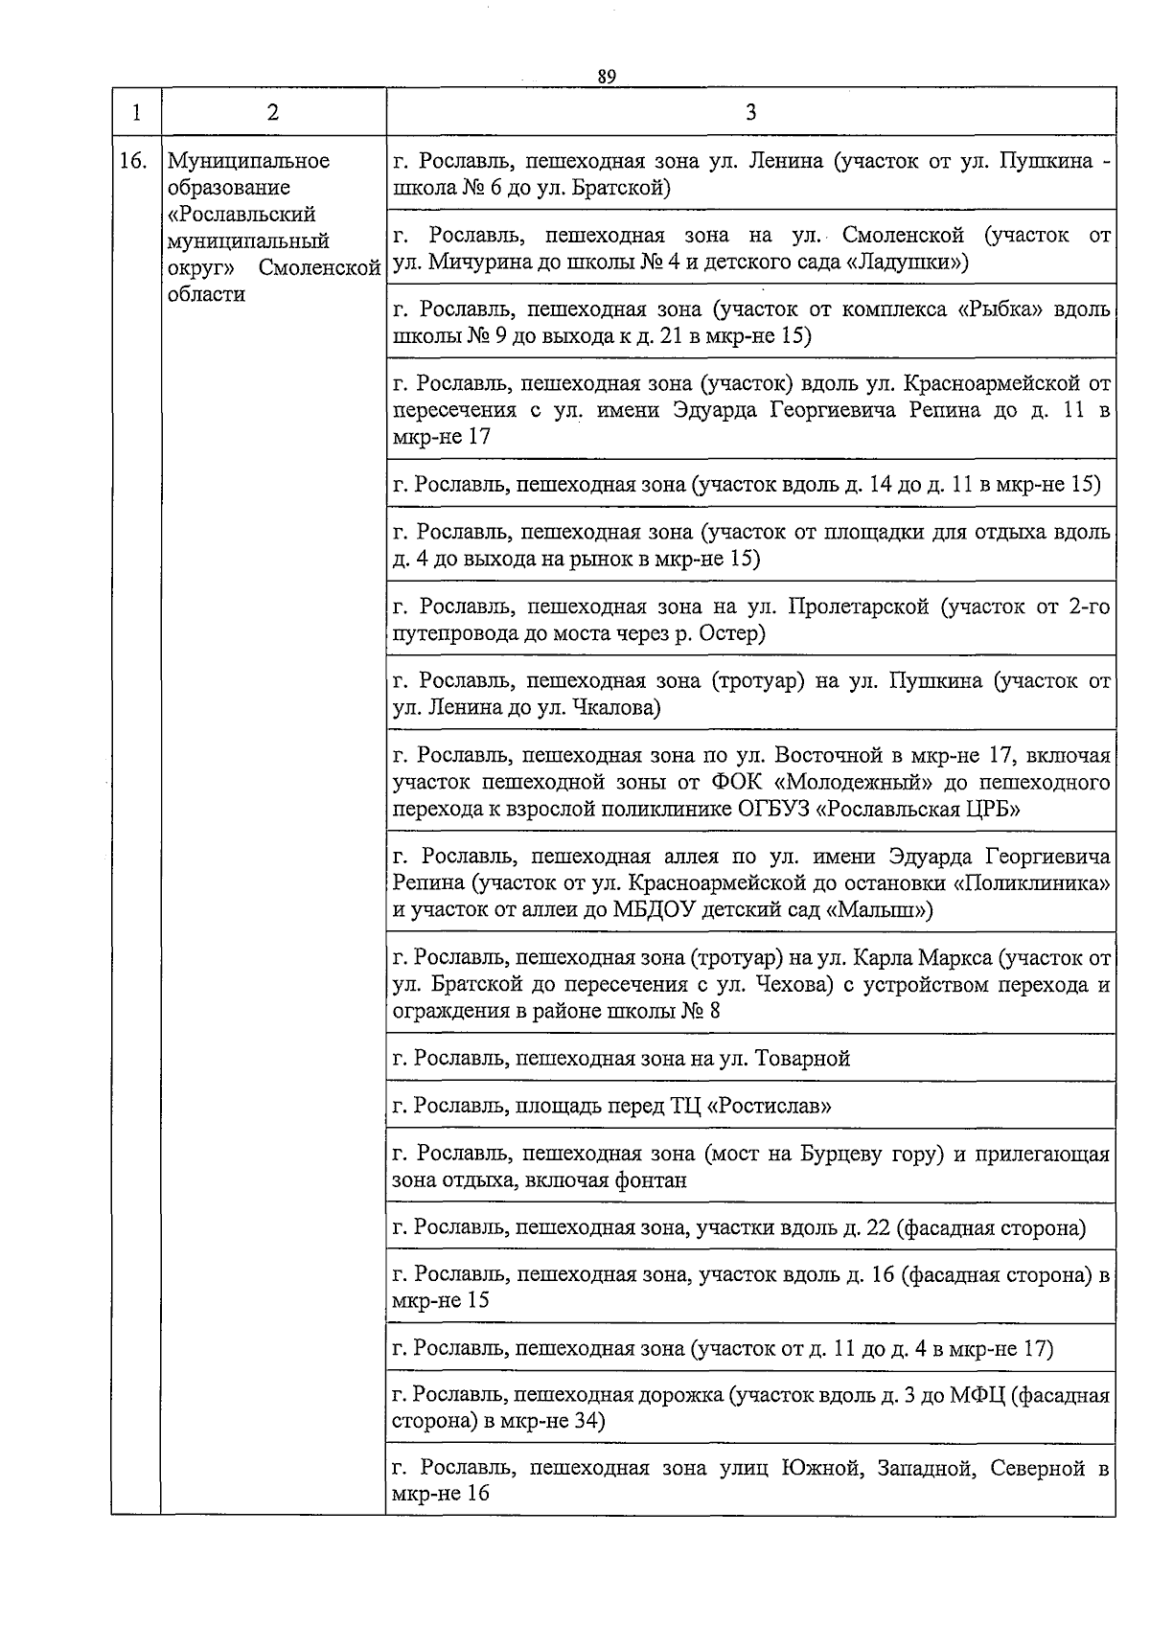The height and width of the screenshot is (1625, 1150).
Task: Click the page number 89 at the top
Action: [605, 77]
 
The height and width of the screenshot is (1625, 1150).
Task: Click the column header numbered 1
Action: [136, 112]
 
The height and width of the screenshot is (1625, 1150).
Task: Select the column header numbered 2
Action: [273, 112]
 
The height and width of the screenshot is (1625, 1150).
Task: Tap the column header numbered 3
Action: [750, 112]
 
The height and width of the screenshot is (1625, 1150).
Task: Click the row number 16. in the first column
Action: [134, 161]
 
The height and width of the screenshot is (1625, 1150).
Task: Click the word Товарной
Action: [803, 1059]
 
